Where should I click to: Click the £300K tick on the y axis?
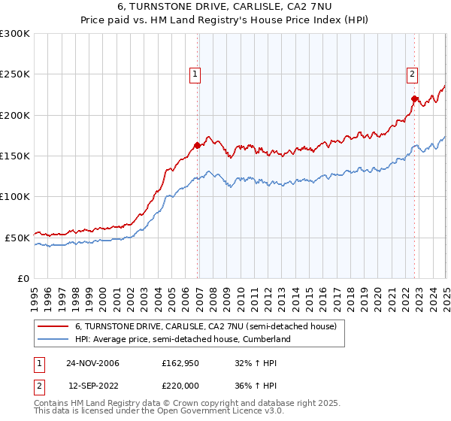[15, 34]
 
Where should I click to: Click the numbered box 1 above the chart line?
[195, 74]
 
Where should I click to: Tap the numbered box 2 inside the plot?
[413, 74]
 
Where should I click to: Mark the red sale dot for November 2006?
[198, 145]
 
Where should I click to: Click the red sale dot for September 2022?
[414, 98]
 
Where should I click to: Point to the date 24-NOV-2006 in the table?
[93, 362]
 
